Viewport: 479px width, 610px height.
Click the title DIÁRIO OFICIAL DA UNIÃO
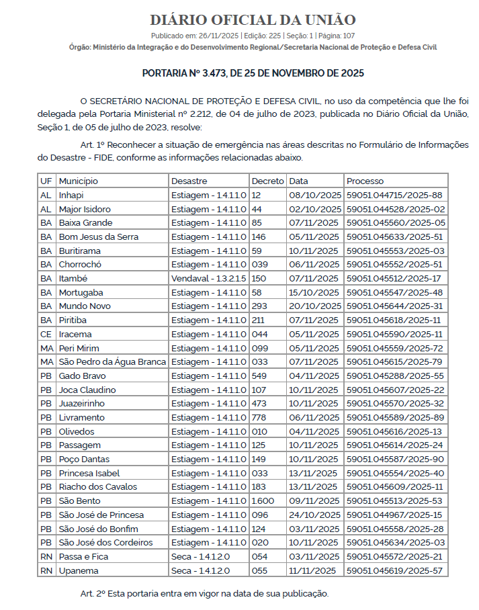coord(253,19)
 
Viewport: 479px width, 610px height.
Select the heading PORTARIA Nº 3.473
coord(253,73)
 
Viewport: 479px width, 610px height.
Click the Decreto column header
coord(267,181)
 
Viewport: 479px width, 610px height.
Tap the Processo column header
coord(365,181)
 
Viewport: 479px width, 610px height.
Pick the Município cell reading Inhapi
coord(71,195)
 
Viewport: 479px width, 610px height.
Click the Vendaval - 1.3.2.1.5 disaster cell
coord(208,278)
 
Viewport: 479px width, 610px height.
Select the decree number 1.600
coord(262,500)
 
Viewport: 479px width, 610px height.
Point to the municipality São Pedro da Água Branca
coord(112,361)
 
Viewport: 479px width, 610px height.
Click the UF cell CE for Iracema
coord(46,334)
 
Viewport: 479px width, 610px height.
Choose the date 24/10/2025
coord(314,515)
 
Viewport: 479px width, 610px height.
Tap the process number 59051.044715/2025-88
coord(394,195)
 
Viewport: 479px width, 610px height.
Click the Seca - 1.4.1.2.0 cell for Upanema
coord(200,570)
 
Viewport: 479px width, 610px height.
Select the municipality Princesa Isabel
coord(90,473)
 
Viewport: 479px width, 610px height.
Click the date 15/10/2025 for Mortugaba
coord(314,292)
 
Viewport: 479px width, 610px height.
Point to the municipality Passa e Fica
coord(83,556)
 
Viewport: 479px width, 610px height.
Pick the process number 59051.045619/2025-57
coord(394,570)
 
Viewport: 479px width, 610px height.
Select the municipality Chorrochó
coord(81,265)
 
